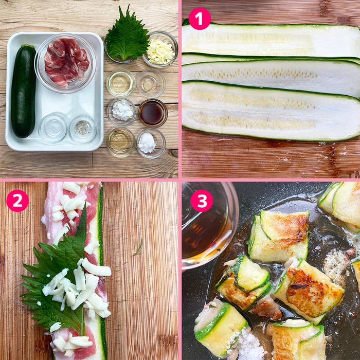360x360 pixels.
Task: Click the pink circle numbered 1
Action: (200, 19)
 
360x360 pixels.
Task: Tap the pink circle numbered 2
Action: (17, 201)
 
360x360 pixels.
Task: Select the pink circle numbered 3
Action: (202, 201)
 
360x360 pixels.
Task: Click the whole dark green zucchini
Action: (24, 91)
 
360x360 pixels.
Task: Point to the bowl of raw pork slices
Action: (65, 63)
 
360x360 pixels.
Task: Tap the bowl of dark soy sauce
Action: (153, 113)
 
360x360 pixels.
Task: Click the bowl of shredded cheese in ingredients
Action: (160, 49)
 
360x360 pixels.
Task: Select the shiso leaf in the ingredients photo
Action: (127, 35)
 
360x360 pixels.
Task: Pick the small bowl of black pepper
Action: (83, 129)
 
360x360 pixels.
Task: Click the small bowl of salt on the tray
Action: (53, 128)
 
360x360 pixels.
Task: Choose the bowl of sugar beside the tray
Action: (151, 143)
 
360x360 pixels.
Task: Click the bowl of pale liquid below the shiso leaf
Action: (120, 83)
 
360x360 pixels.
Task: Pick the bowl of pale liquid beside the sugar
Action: (120, 142)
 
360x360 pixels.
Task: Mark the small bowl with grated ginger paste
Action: (151, 83)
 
